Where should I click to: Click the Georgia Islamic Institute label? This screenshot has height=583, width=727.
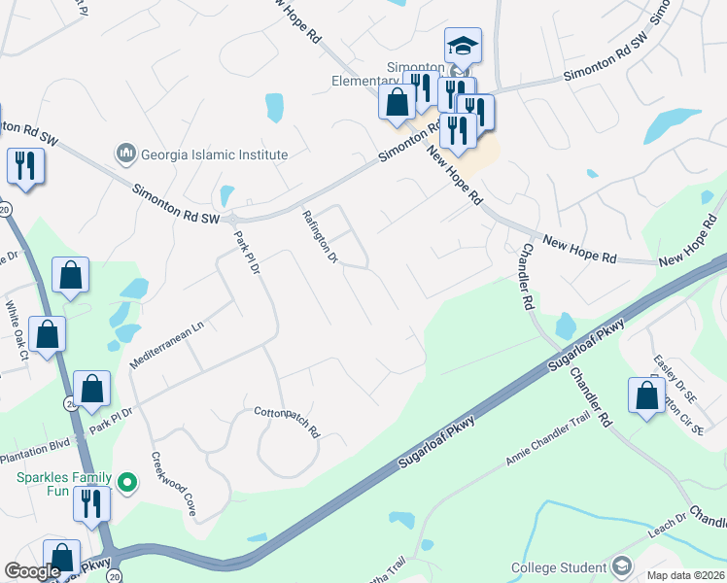(x=214, y=154)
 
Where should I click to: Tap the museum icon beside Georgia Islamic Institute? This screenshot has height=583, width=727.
(x=125, y=154)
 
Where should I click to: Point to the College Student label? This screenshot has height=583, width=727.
(x=560, y=567)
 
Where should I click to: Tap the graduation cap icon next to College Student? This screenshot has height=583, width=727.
(x=622, y=566)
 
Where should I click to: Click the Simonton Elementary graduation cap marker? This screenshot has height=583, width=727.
(x=463, y=46)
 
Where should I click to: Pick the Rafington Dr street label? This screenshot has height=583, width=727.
(x=320, y=237)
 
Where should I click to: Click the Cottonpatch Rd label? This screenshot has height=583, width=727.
(x=287, y=423)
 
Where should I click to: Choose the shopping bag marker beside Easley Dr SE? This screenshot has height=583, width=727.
(x=647, y=395)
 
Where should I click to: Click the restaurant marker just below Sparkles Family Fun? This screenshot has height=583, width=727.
(x=92, y=503)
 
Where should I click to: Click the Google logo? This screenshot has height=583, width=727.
(x=32, y=571)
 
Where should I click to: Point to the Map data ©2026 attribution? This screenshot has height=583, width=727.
(x=684, y=575)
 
